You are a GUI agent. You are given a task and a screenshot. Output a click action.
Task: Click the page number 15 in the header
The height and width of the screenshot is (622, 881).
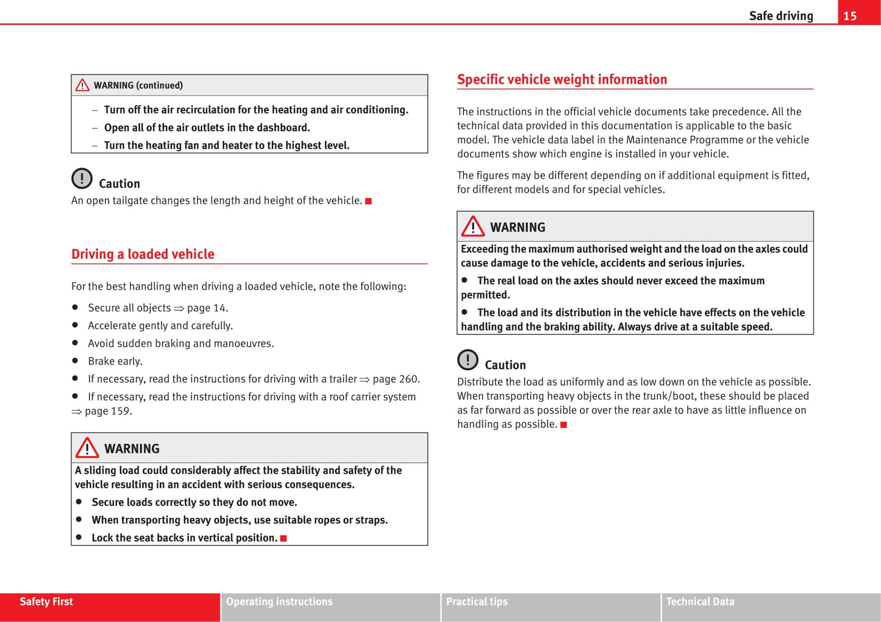(850, 16)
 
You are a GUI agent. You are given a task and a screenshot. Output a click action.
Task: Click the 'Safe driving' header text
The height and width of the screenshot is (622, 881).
(780, 16)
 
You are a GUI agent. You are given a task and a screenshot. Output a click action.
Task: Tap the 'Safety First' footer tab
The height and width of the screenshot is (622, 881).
(46, 602)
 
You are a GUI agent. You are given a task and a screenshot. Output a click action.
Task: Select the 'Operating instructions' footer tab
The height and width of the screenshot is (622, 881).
(279, 602)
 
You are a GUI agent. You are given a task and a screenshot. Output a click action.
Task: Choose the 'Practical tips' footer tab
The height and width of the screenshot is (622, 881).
(477, 602)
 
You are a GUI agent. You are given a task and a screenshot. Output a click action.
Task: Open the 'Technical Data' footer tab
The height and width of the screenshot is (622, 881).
(700, 602)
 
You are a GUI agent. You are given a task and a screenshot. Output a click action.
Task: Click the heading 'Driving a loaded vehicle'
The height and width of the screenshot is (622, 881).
(143, 254)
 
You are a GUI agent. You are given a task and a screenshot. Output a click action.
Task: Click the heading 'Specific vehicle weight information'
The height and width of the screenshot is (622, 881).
(562, 79)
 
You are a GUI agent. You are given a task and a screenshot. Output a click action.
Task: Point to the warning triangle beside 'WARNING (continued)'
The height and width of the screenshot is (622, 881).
(82, 85)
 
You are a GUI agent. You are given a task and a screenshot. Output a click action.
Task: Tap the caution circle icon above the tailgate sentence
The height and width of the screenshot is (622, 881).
(82, 178)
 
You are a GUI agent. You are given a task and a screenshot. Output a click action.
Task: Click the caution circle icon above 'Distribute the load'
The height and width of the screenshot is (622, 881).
(468, 360)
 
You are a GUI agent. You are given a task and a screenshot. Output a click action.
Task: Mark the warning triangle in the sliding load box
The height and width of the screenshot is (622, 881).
(87, 448)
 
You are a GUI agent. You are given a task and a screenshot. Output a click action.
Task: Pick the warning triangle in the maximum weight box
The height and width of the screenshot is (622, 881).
(473, 226)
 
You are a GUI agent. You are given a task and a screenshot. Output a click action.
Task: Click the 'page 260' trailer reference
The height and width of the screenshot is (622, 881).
(395, 379)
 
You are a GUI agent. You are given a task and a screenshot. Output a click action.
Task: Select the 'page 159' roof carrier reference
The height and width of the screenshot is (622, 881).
(107, 411)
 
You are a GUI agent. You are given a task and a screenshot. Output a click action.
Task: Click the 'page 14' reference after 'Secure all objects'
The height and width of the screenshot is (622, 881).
(207, 308)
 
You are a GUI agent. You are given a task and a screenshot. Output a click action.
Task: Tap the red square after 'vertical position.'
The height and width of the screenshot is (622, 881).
(284, 538)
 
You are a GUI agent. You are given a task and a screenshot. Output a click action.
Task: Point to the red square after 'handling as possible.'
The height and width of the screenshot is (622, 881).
(563, 425)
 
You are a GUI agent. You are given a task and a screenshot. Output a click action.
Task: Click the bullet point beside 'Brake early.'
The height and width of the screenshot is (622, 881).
(75, 361)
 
